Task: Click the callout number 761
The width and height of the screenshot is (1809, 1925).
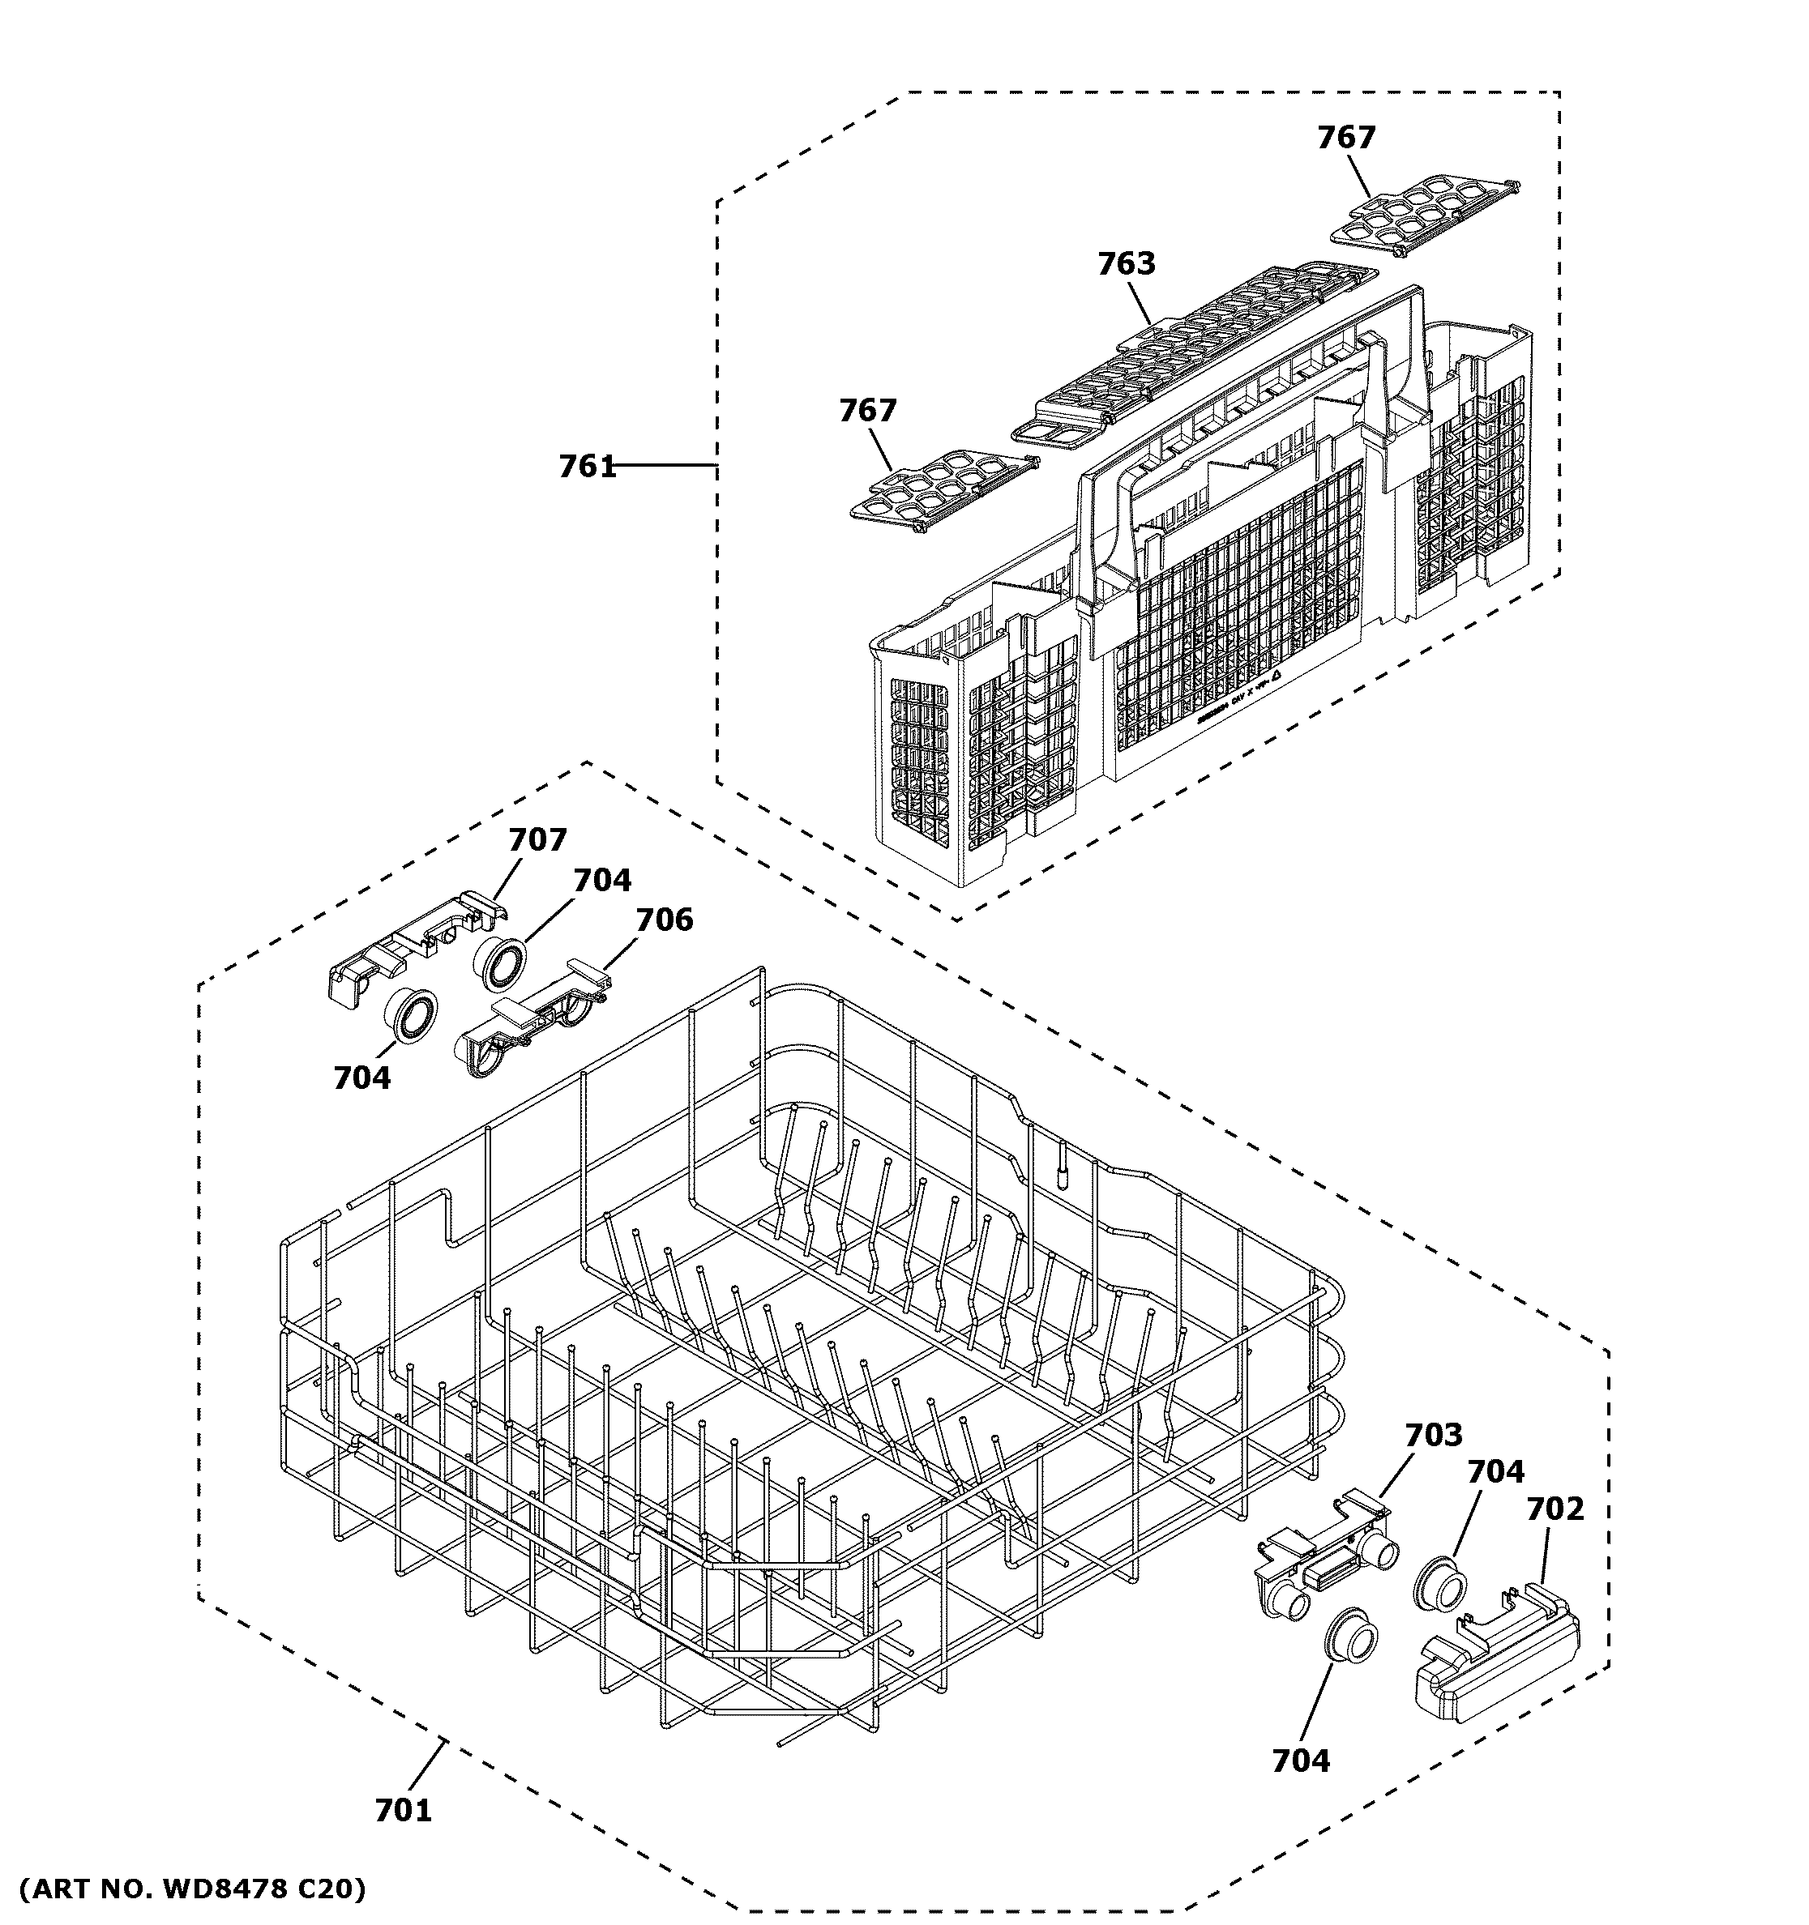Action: pyautogui.click(x=587, y=467)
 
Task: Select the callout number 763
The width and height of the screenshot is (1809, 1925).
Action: pyautogui.click(x=1127, y=263)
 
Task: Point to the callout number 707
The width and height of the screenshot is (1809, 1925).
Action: pyautogui.click(x=537, y=839)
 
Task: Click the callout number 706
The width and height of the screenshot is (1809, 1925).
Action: pyautogui.click(x=665, y=919)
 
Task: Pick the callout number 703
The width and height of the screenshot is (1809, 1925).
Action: pyautogui.click(x=1433, y=1434)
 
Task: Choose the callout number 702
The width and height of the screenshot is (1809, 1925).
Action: pyautogui.click(x=1555, y=1508)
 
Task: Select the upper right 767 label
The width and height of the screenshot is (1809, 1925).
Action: pyautogui.click(x=1345, y=138)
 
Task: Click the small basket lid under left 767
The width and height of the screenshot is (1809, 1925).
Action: pyautogui.click(x=939, y=489)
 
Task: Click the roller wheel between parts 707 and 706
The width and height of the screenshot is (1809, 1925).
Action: pyautogui.click(x=500, y=963)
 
